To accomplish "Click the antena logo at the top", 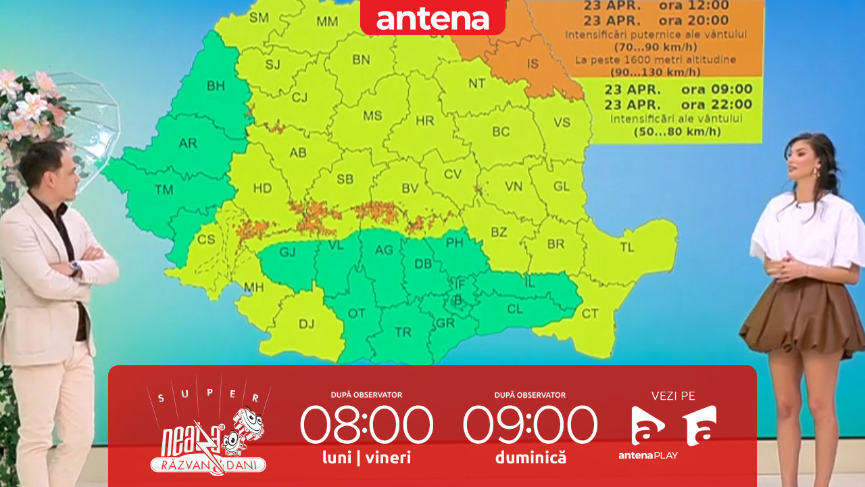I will [432, 18].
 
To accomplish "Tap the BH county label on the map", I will [216, 86].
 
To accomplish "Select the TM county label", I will [164, 190].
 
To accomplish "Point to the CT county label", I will [590, 313].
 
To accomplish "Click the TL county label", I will [627, 248].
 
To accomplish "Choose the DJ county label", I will [306, 324].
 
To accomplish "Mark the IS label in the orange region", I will [533, 64].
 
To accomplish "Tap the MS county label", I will [372, 116].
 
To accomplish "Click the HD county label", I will [262, 189].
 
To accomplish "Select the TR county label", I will [403, 332].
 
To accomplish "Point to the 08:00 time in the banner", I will [366, 425].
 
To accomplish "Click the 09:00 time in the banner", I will [530, 425].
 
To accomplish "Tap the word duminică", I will [530, 458].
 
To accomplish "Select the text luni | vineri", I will [367, 458].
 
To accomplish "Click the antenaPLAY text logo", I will [647, 455].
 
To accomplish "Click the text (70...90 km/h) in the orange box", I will [656, 47].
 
